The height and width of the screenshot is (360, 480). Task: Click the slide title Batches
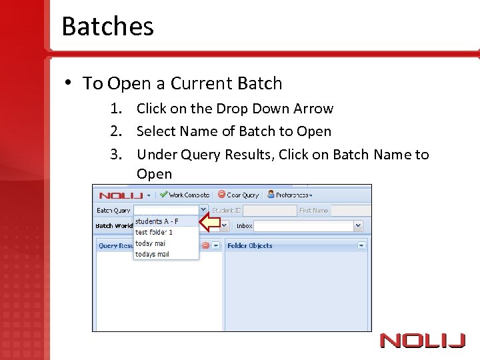pos(107,27)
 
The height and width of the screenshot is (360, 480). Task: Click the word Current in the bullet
pos(197,83)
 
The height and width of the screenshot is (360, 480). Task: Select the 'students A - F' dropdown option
pos(157,221)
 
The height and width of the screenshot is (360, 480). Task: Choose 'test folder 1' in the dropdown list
pos(154,233)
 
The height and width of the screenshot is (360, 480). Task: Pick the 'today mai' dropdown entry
pos(151,243)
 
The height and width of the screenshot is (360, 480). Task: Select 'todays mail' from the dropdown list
pos(153,254)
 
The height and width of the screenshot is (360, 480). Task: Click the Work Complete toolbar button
pos(185,195)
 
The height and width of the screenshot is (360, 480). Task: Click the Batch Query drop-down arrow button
pos(203,209)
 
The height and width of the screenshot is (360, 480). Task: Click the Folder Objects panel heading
pos(250,245)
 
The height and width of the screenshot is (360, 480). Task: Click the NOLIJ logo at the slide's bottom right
pos(422,341)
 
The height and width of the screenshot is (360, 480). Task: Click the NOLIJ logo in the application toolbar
pos(121,195)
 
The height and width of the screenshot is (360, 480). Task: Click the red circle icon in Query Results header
pos(206,245)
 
